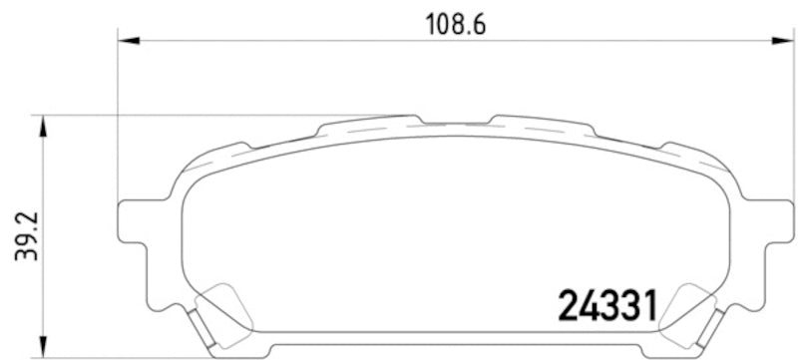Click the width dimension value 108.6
tap(454, 25)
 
